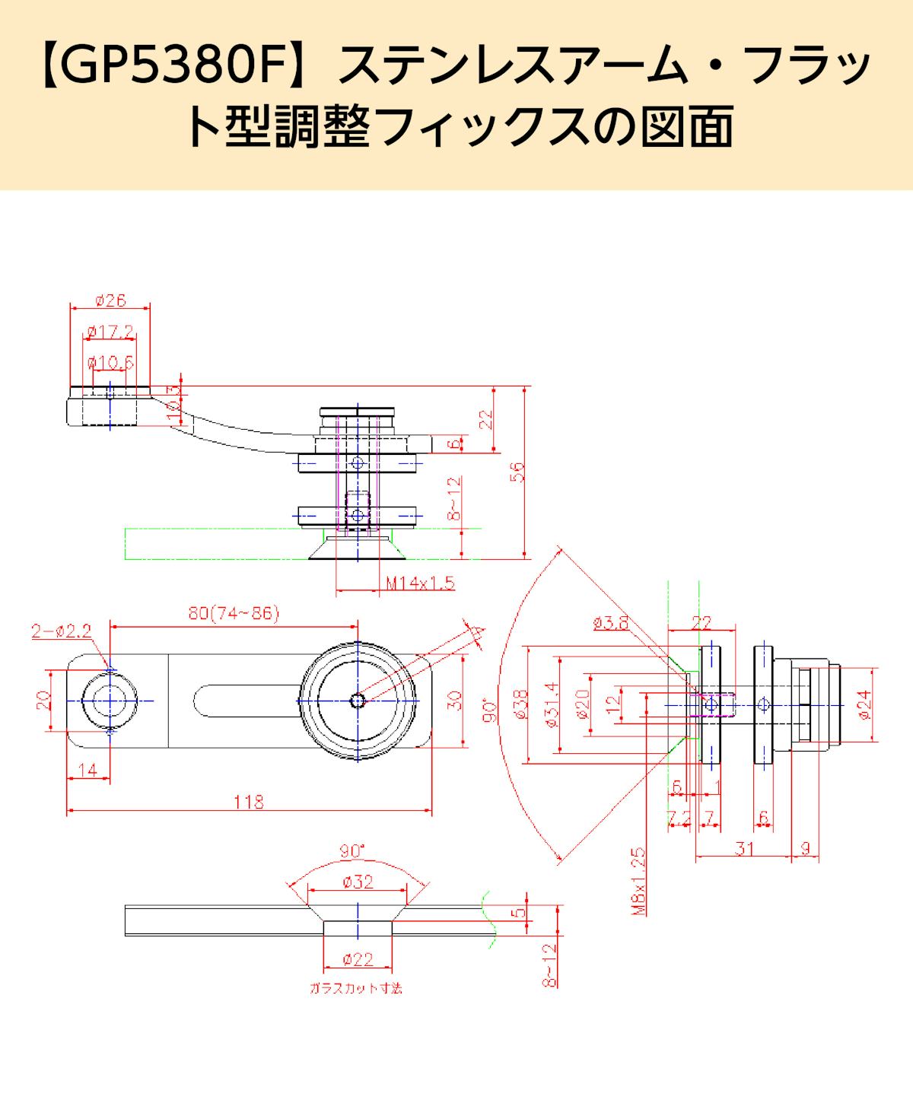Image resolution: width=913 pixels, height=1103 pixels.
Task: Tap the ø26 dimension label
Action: [x=111, y=300]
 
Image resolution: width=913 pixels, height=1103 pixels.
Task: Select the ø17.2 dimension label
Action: [x=111, y=332]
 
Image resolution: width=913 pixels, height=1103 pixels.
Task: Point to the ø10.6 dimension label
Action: [x=111, y=362]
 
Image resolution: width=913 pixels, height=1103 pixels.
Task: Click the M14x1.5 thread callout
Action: [x=420, y=583]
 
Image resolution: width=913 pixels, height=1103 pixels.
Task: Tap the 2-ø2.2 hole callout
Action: [x=62, y=631]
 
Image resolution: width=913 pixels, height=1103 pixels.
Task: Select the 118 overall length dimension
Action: [x=249, y=801]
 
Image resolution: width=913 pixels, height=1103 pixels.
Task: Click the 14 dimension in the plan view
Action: [x=88, y=770]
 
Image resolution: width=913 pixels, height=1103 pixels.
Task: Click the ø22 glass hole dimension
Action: [x=358, y=960]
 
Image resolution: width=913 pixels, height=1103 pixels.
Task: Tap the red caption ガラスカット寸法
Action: [x=355, y=989]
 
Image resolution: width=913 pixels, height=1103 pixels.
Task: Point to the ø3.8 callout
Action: [x=611, y=623]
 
